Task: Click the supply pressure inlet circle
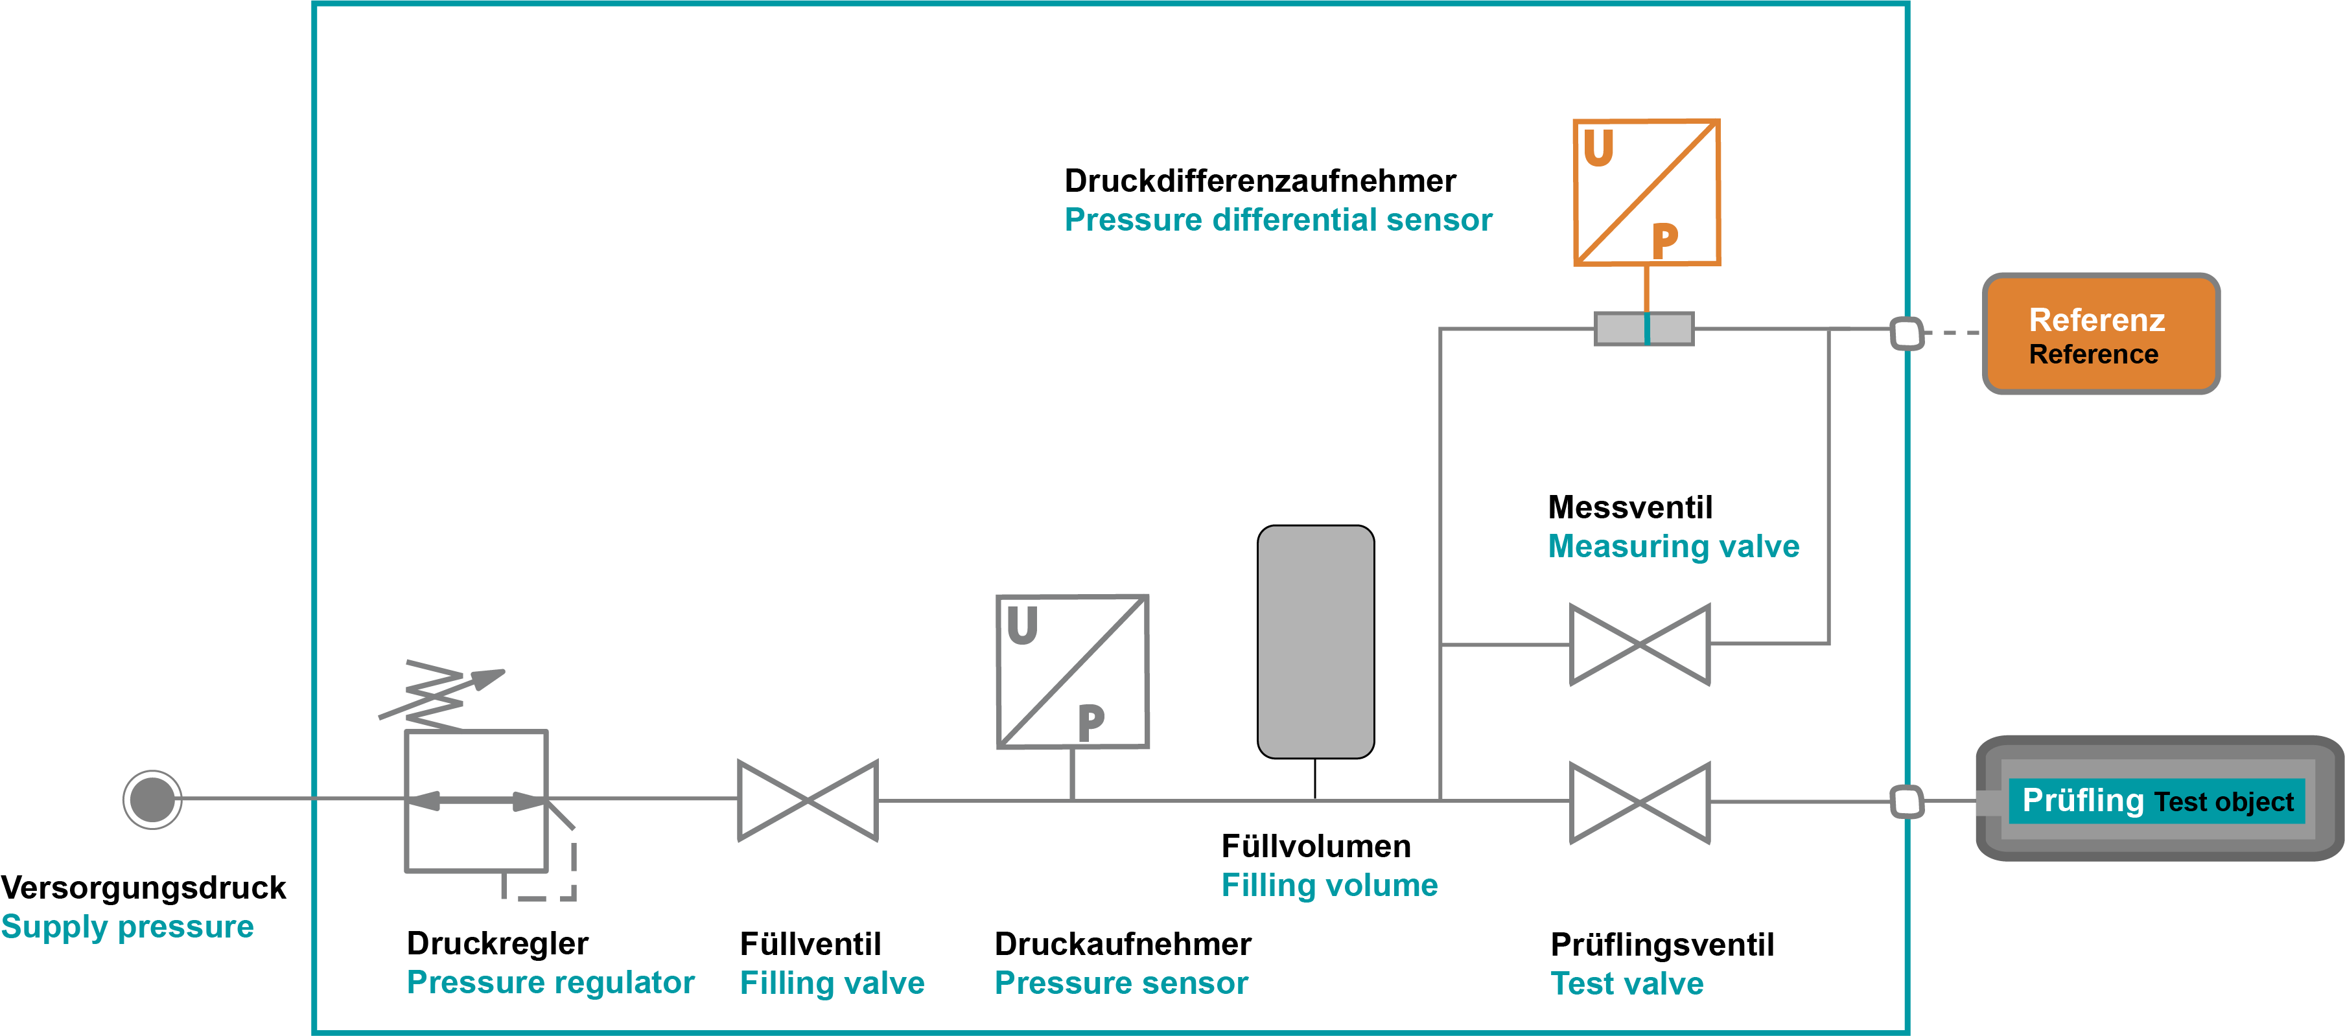pos(152,800)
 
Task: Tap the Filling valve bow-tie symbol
pos(808,800)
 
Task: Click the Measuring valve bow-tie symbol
pos(1640,645)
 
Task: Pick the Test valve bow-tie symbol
pos(1640,802)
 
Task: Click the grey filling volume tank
pos(1316,642)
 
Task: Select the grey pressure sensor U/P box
pos(1073,672)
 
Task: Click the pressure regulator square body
pos(476,800)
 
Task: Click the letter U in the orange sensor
pos(1598,148)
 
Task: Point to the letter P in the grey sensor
pos(1091,724)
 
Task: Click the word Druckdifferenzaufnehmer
pos(1260,181)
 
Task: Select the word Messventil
pos(1629,507)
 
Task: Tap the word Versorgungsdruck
pos(143,888)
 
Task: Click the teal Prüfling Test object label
pos(2156,801)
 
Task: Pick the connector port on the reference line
pos(1906,333)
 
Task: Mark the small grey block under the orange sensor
pos(1644,328)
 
